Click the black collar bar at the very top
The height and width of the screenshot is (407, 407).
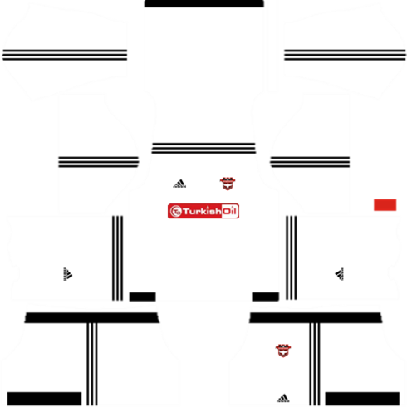[204, 3]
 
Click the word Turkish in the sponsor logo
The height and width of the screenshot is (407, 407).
[202, 212]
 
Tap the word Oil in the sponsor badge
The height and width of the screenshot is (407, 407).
[229, 211]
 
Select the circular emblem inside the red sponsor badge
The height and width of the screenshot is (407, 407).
[176, 212]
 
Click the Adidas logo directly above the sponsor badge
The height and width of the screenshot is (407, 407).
[179, 184]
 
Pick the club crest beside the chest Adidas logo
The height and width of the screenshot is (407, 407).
[228, 184]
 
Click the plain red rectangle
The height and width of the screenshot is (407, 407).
[385, 205]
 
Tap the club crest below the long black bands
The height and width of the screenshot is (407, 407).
[283, 351]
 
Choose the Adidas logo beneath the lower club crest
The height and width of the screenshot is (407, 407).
[283, 398]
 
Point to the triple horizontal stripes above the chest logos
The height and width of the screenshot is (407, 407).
[203, 148]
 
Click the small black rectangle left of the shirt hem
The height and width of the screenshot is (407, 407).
[142, 297]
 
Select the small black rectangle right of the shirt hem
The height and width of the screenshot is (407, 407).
[265, 297]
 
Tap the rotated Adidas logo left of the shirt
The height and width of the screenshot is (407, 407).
[68, 274]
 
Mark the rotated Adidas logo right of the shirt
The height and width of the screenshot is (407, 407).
[340, 274]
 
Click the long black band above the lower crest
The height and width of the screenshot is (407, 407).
[316, 318]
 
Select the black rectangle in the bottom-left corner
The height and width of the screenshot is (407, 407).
[44, 399]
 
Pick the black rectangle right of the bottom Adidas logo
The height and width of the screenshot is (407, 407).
[362, 399]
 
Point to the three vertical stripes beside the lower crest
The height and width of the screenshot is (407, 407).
[315, 365]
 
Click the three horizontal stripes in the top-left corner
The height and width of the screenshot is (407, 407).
[65, 55]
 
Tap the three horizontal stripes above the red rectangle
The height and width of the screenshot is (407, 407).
[310, 162]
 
